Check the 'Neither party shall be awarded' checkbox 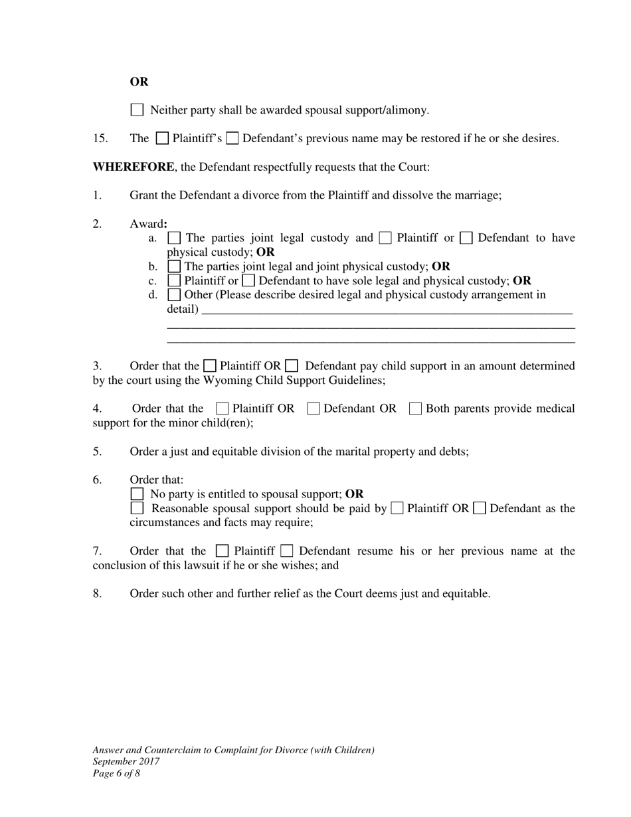point(137,110)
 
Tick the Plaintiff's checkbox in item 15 point(162,138)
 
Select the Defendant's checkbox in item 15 point(232,138)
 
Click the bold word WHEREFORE point(133,167)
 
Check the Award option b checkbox point(174,266)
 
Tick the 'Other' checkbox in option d point(174,294)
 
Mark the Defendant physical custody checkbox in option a point(466,238)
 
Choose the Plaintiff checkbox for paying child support point(210,365)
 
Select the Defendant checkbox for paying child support point(291,365)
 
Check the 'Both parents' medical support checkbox point(416,408)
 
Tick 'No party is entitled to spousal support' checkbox point(137,494)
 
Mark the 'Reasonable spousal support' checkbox point(137,508)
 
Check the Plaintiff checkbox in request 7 point(223,551)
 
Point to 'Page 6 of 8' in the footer point(116,773)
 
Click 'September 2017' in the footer point(126,761)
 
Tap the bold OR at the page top point(139,82)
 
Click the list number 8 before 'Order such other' point(97,593)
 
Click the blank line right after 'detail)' point(385,310)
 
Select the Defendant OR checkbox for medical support point(314,408)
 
